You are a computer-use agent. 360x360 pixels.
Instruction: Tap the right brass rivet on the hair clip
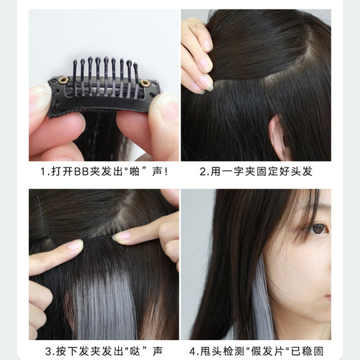[x=145, y=82]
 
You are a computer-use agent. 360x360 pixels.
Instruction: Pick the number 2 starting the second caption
[x=204, y=172]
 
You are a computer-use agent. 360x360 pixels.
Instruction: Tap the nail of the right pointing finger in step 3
[x=122, y=235]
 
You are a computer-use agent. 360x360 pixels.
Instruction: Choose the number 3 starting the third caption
[x=48, y=351]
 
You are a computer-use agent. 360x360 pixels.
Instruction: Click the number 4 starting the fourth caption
[x=193, y=351]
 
